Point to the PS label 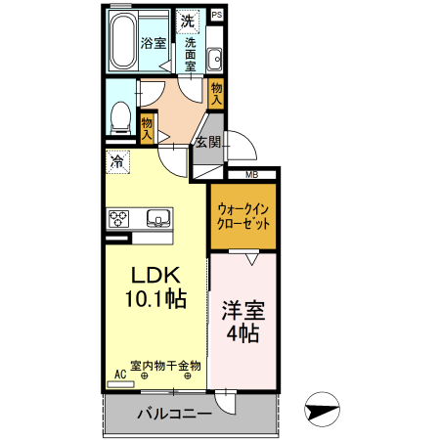216,16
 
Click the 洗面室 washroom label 191,55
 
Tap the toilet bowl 119,118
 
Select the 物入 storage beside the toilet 147,128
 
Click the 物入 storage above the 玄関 217,93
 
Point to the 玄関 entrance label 207,142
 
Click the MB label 251,175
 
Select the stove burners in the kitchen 119,218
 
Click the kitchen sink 156,217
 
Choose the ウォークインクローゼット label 243,216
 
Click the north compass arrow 322,409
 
